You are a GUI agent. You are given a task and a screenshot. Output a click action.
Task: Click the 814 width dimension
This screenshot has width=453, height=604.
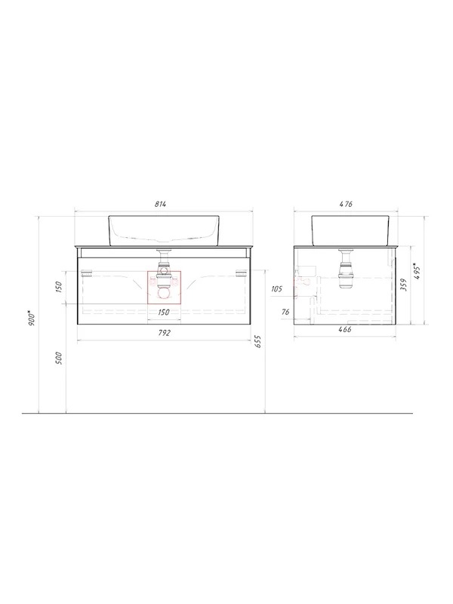click(x=161, y=205)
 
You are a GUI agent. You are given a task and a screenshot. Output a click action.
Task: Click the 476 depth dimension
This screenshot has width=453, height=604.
click(x=347, y=205)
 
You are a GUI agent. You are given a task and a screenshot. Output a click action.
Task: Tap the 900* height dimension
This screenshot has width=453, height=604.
click(x=32, y=316)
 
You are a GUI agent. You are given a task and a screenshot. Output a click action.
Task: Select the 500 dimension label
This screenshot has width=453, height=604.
click(x=59, y=358)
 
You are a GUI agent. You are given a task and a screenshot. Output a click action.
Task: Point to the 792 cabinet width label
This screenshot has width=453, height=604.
click(x=164, y=333)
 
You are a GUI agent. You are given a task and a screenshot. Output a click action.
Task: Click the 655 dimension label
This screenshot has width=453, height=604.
click(x=258, y=341)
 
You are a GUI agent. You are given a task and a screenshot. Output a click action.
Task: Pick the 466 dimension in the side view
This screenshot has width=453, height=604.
click(x=345, y=330)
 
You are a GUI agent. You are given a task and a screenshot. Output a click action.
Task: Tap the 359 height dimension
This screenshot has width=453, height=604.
click(x=404, y=285)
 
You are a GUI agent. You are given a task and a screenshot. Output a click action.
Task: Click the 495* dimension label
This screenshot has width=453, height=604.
click(x=418, y=271)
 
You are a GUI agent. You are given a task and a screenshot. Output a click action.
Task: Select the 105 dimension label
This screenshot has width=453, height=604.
click(x=276, y=289)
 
